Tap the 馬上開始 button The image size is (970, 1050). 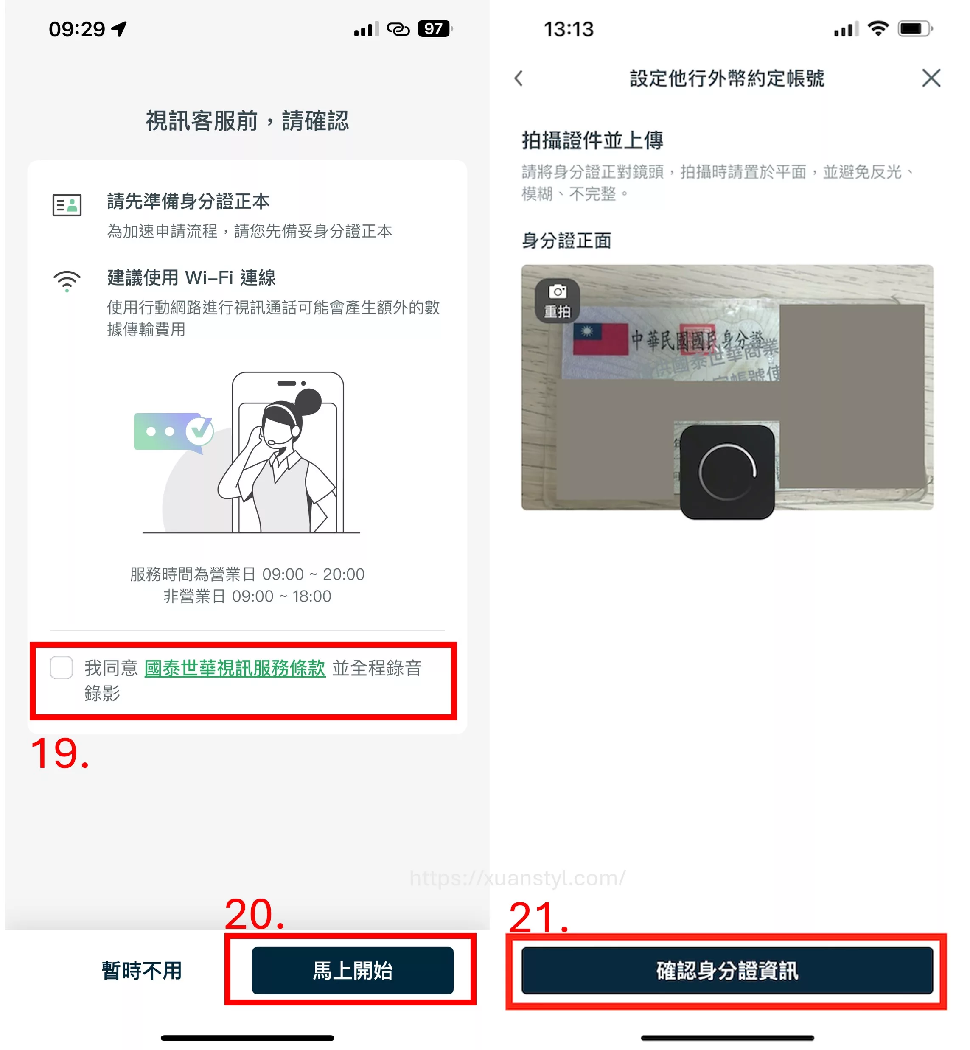click(352, 970)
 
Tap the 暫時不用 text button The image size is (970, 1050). click(141, 970)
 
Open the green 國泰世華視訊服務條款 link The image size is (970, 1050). click(235, 668)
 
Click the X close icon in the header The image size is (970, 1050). click(931, 78)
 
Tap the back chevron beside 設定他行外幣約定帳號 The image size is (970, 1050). click(519, 78)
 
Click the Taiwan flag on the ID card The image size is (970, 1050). click(600, 339)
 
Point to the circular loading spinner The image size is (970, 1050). click(727, 472)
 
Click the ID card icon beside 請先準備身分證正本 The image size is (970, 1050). click(67, 204)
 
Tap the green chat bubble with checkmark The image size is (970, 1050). click(173, 431)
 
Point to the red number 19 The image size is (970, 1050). click(59, 754)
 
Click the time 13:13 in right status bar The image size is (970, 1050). click(569, 29)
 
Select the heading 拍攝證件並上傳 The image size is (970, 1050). click(592, 140)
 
